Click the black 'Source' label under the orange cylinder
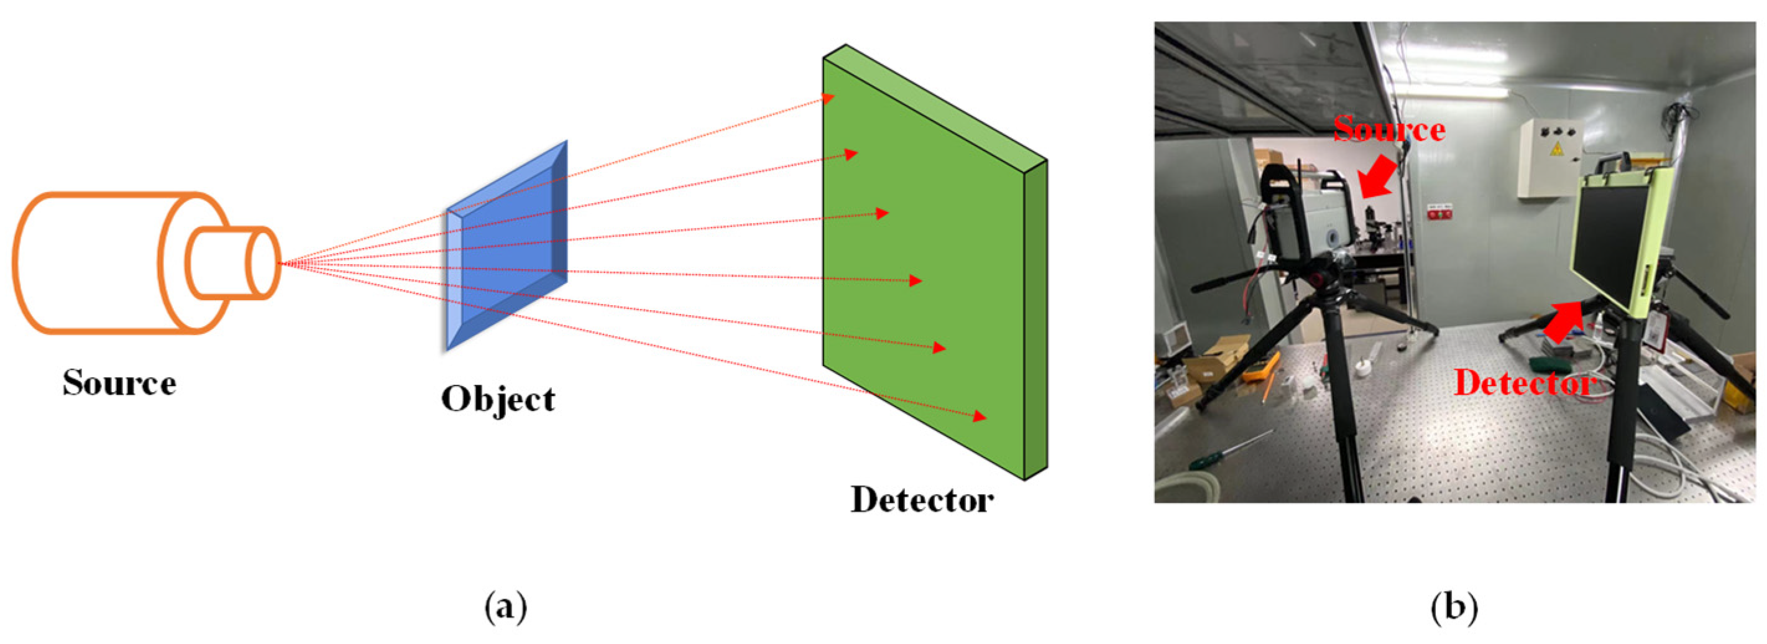pyautogui.click(x=119, y=383)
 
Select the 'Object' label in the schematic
pyautogui.click(x=497, y=399)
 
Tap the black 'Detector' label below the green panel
pyautogui.click(x=921, y=500)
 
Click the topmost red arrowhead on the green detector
pyautogui.click(x=828, y=98)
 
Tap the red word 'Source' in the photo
pyautogui.click(x=1389, y=130)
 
